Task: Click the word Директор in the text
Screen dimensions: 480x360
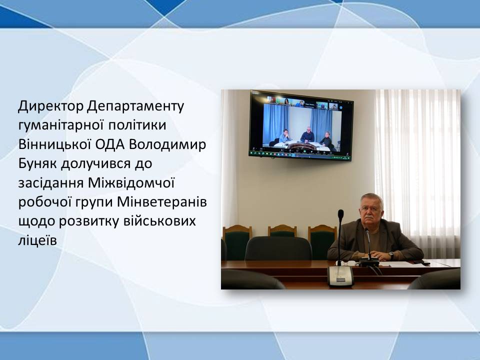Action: tap(50, 106)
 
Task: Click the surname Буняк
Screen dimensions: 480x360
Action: tap(37, 164)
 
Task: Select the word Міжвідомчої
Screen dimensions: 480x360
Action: tap(131, 183)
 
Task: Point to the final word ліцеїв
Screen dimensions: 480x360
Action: tap(37, 240)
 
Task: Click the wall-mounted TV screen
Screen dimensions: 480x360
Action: tap(301, 125)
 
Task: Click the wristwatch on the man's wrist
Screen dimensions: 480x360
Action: tap(391, 254)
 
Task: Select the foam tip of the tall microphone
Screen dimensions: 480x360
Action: tap(340, 214)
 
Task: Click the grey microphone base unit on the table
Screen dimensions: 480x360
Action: tap(340, 276)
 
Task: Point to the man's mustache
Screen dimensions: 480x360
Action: tap(369, 217)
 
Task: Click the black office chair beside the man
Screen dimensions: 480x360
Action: tap(278, 248)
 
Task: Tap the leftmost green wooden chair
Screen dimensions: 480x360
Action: tap(237, 242)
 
